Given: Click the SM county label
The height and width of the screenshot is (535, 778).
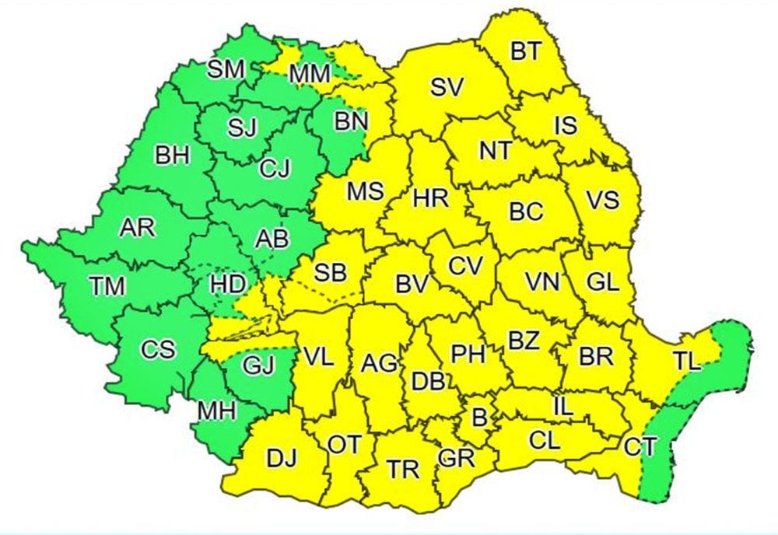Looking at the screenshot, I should (x=226, y=68).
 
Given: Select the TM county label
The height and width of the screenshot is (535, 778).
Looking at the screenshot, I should (x=107, y=286).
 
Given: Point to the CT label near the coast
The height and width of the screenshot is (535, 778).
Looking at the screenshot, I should (x=640, y=446).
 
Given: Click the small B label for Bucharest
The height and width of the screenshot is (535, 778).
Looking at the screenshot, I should (x=480, y=418).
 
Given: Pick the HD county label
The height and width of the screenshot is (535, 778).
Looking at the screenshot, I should (x=228, y=285).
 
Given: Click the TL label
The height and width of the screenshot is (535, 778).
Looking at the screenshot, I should (x=687, y=360).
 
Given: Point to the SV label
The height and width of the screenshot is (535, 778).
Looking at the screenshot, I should (x=447, y=88).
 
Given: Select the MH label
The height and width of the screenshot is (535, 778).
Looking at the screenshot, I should (x=217, y=411).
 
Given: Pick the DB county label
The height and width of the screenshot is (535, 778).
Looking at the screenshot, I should (x=427, y=381).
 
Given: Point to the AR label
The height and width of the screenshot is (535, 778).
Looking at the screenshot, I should (x=137, y=228).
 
